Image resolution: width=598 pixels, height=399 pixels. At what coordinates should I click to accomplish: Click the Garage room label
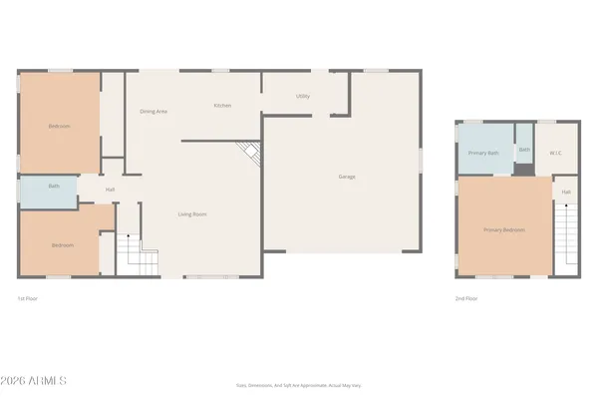pyautogui.click(x=347, y=177)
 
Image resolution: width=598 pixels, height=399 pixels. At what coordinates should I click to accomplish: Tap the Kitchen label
pyautogui.click(x=223, y=106)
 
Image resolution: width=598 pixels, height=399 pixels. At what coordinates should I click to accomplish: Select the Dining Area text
pyautogui.click(x=152, y=111)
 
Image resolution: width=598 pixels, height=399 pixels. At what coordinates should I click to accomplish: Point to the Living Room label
pyautogui.click(x=192, y=214)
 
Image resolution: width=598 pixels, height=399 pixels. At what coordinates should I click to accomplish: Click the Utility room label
pyautogui.click(x=302, y=96)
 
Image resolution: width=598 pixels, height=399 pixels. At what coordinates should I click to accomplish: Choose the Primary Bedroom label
pyautogui.click(x=504, y=230)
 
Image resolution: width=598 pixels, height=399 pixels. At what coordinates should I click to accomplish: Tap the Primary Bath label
pyautogui.click(x=482, y=153)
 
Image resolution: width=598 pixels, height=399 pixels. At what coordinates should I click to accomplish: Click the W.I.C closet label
pyautogui.click(x=556, y=153)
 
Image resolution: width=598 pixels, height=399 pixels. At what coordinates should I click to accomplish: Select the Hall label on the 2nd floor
pyautogui.click(x=565, y=192)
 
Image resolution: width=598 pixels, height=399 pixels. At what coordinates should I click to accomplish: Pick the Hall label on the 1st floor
pyautogui.click(x=110, y=190)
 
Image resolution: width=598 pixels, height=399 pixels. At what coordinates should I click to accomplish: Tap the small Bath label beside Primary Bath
pyautogui.click(x=524, y=150)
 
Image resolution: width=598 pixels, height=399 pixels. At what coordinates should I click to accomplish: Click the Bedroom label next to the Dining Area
pyautogui.click(x=59, y=126)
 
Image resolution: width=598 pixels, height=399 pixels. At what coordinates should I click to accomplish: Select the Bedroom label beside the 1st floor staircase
pyautogui.click(x=63, y=244)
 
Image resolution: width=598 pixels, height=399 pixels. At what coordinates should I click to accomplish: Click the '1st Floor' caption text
pyautogui.click(x=27, y=298)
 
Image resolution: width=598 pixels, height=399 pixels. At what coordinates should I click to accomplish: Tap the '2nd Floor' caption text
pyautogui.click(x=465, y=298)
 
